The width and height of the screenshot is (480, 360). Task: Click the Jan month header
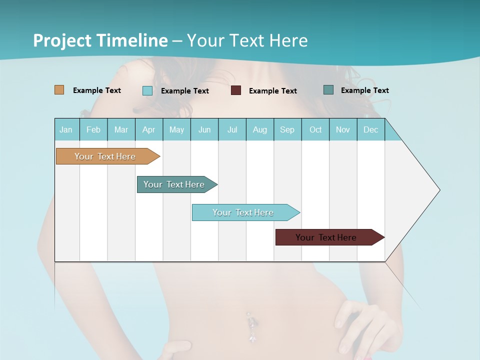[66, 129]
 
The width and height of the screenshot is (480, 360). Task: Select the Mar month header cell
[121, 129]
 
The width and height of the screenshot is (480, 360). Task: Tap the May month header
[176, 129]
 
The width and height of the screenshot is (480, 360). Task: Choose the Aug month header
[259, 129]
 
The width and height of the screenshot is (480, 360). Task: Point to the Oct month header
[315, 129]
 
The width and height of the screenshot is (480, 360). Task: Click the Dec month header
[370, 129]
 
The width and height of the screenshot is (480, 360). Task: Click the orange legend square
[59, 90]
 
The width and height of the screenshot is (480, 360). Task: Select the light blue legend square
[147, 90]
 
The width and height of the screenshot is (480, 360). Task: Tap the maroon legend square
[236, 90]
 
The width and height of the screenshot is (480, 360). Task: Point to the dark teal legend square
[328, 90]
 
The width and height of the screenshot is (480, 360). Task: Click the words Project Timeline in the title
[100, 40]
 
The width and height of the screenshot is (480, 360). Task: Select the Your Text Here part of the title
[247, 40]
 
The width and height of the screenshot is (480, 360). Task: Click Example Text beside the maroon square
[272, 91]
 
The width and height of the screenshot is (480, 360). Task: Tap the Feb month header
[93, 129]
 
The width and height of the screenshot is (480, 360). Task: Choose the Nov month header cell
[343, 129]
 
